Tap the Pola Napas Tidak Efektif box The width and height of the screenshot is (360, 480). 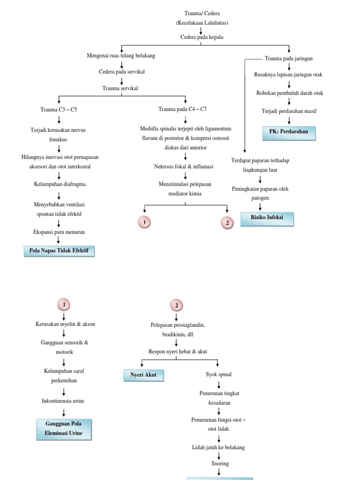59,251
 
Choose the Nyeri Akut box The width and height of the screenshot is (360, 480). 143,375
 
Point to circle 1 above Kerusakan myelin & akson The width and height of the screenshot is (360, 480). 64,305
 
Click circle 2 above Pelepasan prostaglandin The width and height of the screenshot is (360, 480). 176,306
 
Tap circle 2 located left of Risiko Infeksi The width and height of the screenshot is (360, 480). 227,223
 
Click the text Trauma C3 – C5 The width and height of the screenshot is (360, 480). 59,109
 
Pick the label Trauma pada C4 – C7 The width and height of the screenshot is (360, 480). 182,109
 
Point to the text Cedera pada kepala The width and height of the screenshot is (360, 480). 201,37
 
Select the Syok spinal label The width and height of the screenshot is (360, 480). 218,374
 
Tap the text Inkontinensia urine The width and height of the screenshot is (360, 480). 63,401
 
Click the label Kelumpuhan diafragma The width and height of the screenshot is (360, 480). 59,185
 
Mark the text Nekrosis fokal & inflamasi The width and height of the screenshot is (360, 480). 184,166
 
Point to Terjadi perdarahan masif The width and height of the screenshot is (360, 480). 289,111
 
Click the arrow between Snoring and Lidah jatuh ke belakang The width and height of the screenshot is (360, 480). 218,455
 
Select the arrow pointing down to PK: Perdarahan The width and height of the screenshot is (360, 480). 289,120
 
